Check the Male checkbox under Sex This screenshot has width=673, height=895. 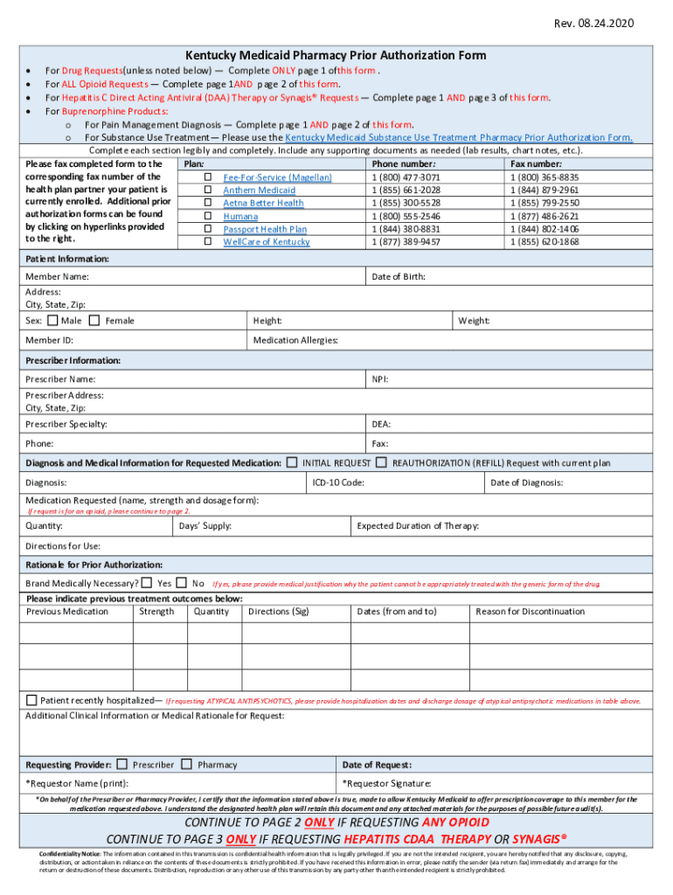[x=52, y=321]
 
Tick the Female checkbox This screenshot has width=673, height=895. [x=94, y=321]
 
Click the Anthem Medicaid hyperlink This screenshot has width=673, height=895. [x=259, y=191]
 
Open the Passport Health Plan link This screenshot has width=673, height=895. [x=265, y=229]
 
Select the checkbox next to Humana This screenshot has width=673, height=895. [x=208, y=216]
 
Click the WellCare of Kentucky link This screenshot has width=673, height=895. [x=266, y=242]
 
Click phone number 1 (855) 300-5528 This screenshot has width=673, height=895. [x=406, y=203]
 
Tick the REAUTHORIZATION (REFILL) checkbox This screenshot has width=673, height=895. [x=382, y=462]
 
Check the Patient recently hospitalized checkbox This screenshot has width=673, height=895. [x=32, y=700]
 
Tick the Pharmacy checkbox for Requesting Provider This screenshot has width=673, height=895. [x=186, y=764]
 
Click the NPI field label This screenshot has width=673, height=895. [x=380, y=379]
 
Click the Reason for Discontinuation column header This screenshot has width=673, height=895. [x=530, y=612]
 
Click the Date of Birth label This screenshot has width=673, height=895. [x=399, y=277]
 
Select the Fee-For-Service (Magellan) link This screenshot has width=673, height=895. [x=277, y=177]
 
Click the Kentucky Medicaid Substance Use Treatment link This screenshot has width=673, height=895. [x=459, y=137]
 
